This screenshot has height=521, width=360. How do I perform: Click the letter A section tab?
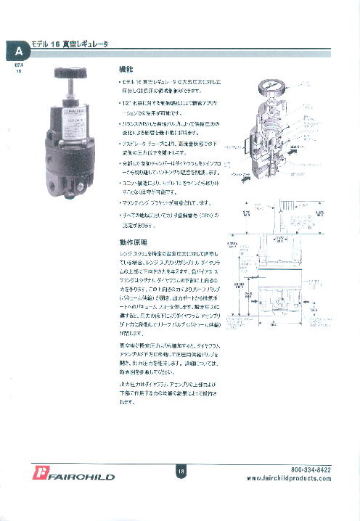pyautogui.click(x=19, y=52)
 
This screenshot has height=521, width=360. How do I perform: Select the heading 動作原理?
pyautogui.click(x=131, y=242)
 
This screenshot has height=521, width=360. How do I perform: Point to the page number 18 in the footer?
pyautogui.click(x=181, y=472)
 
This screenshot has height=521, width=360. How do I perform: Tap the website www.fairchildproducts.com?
pyautogui.click(x=289, y=479)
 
